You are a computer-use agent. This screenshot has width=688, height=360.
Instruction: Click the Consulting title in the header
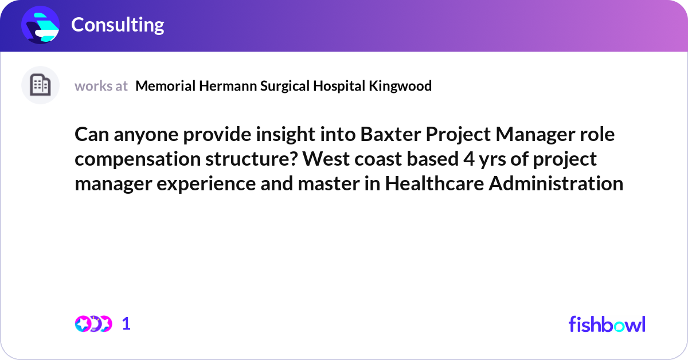coord(118,25)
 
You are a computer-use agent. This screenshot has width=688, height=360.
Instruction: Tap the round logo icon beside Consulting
coord(41,25)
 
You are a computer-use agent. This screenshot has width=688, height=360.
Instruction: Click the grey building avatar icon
coord(40,85)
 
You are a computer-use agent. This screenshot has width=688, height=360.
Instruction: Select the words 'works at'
coord(101,86)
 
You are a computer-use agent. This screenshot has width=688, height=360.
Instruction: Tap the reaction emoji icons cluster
coord(93,324)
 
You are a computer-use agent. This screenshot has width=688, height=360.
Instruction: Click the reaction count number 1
coord(126,324)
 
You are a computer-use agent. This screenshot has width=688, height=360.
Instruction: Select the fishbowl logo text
coord(607,324)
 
